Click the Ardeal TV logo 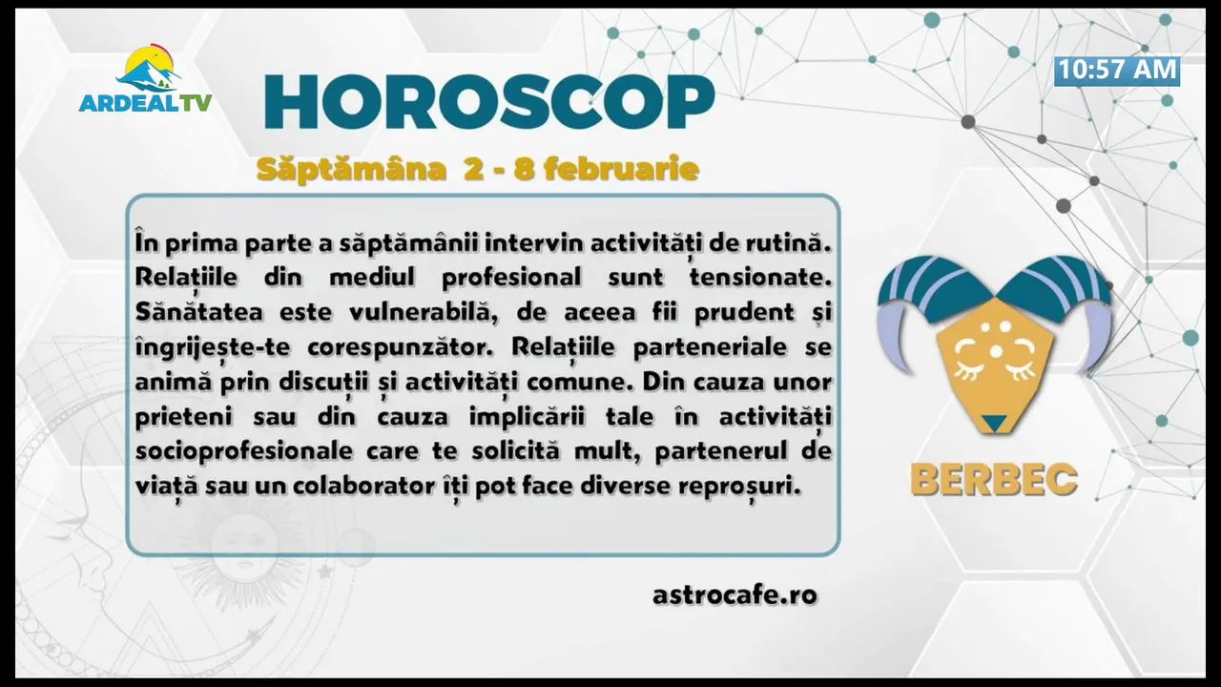point(146,78)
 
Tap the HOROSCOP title point(489,102)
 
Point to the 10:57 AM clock point(1117,71)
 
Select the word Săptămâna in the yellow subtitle point(351,170)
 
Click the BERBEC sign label point(994,480)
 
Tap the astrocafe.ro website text point(735,594)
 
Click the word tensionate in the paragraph point(760,278)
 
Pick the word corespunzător point(400,348)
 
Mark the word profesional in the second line point(511,278)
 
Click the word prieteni point(183,418)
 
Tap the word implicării point(527,418)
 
